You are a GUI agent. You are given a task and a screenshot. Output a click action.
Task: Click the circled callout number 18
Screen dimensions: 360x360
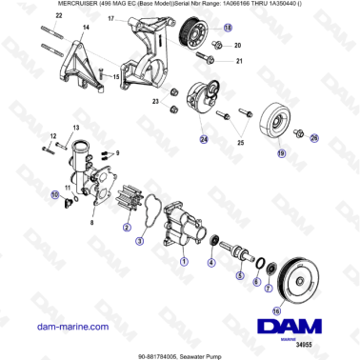pos(228,30)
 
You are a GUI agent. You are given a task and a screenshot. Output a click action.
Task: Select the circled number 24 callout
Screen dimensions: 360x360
pos(203,139)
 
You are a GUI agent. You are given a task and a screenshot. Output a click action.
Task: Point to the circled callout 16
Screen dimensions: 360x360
pos(276,310)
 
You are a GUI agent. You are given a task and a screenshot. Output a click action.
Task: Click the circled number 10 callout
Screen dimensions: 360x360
pos(55,196)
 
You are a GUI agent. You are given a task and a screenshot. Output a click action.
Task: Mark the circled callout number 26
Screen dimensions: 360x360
pos(315,139)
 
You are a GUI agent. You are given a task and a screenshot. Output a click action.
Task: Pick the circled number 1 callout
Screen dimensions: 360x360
pos(185,260)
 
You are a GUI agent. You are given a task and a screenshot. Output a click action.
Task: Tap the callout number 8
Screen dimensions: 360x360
pos(90,222)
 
